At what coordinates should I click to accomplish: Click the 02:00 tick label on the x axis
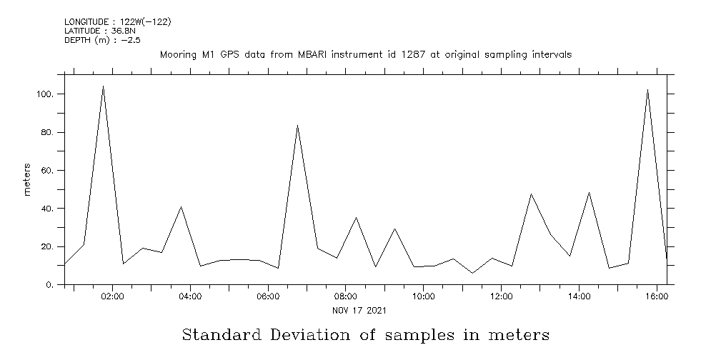(113, 296)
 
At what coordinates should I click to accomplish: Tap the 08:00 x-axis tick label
(346, 296)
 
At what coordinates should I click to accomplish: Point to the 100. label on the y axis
(47, 94)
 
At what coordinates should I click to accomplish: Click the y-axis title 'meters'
(27, 180)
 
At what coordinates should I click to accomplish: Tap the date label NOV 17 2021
(360, 310)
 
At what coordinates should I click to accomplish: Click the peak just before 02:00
(103, 86)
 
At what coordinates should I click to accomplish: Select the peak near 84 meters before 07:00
(297, 126)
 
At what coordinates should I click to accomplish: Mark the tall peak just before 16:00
(647, 90)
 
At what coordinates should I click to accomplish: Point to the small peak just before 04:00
(181, 207)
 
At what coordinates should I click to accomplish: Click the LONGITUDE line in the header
(117, 22)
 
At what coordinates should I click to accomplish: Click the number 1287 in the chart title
(406, 54)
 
